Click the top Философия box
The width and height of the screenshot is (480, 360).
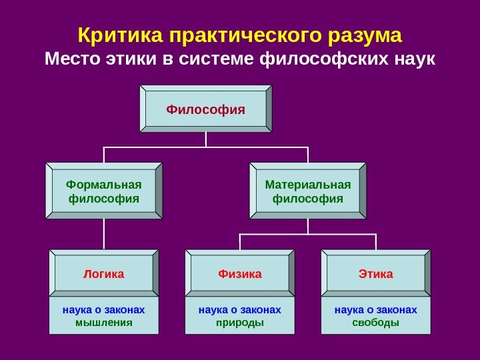tap(205, 108)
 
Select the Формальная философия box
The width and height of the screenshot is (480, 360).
tap(103, 191)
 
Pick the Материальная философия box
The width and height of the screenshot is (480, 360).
tap(307, 191)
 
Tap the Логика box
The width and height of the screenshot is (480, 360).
tap(103, 273)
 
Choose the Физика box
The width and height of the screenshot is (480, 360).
tap(240, 273)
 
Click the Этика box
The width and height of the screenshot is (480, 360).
tap(376, 273)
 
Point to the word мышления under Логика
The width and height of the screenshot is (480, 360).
tap(103, 323)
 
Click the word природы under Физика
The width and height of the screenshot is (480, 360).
tap(240, 323)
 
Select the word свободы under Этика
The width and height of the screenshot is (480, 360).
tap(376, 323)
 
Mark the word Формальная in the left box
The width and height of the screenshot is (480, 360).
tap(103, 184)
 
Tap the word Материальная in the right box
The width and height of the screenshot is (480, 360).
tap(307, 184)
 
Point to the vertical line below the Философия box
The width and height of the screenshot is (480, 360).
tap(205, 139)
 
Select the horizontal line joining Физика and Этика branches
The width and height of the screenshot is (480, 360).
tap(308, 234)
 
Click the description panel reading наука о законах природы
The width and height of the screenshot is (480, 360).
tap(240, 316)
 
